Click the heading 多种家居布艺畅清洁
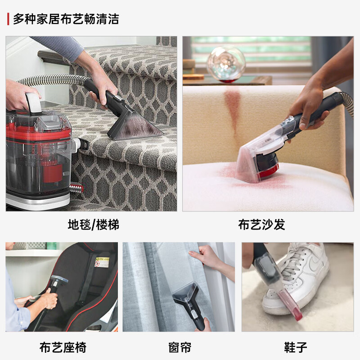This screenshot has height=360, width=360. pyautogui.click(x=66, y=19)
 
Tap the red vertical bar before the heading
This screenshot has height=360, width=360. pyautogui.click(x=8, y=19)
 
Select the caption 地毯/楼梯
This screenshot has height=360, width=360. pyautogui.click(x=93, y=225)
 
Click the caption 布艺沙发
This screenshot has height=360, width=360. pyautogui.click(x=261, y=225)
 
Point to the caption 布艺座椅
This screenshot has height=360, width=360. pyautogui.click(x=63, y=347)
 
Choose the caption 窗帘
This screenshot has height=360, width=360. pyautogui.click(x=180, y=347)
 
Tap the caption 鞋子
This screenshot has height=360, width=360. pyautogui.click(x=296, y=347)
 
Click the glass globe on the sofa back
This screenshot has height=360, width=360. pyautogui.click(x=225, y=64)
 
